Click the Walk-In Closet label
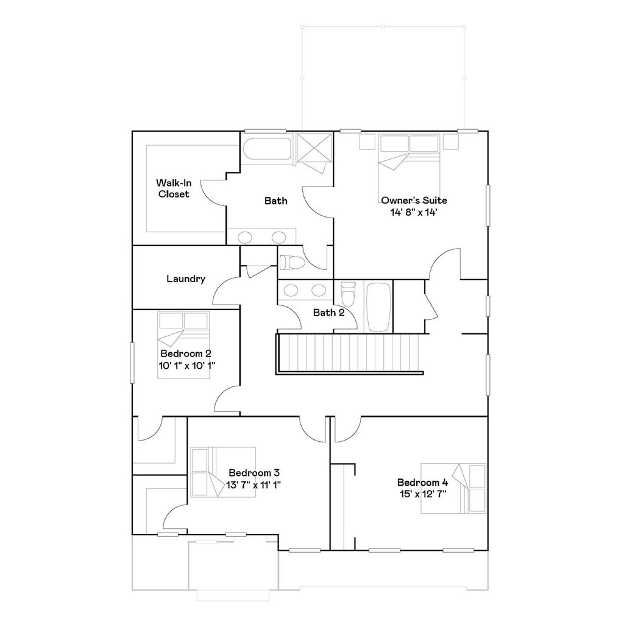[x=174, y=188]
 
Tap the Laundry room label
[x=186, y=279]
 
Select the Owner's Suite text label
[x=414, y=200]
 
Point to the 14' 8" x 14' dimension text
[x=414, y=212]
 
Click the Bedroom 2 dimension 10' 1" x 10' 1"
[x=186, y=365]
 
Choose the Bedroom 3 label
[x=254, y=473]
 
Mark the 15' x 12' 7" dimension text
[x=422, y=494]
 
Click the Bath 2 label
[x=329, y=313]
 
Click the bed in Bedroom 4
[x=454, y=489]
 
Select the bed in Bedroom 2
[x=183, y=344]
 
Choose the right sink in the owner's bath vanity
[x=279, y=236]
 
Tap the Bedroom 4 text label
[x=422, y=482]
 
